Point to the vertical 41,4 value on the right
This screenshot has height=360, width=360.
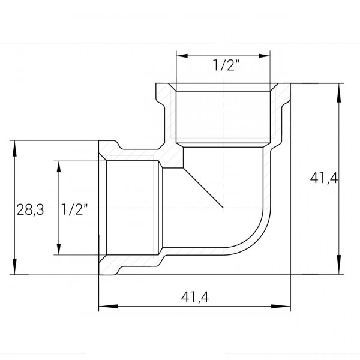(x=324, y=178)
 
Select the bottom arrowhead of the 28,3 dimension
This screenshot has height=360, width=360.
(x=13, y=270)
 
